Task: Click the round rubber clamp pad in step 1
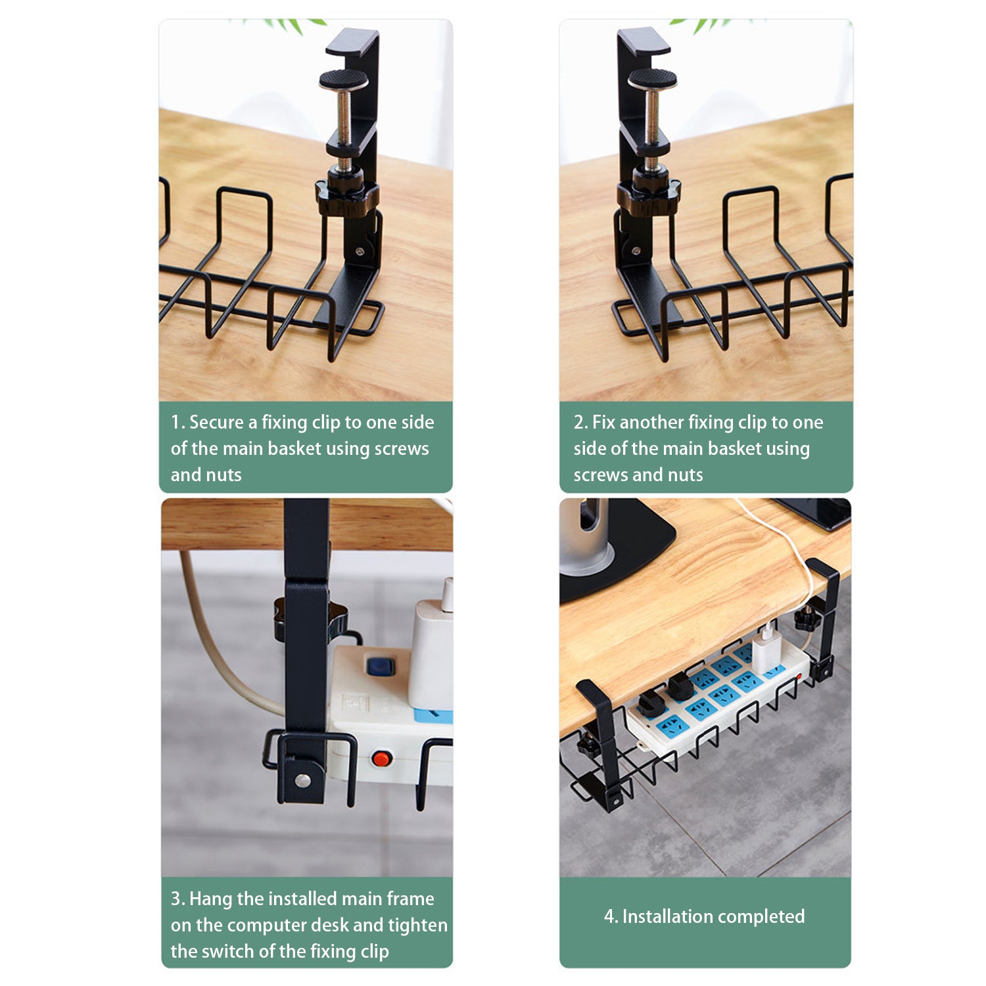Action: coord(344,80)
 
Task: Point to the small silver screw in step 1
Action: coord(360,250)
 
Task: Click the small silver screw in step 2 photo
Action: coord(636,250)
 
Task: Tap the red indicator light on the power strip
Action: coord(381,759)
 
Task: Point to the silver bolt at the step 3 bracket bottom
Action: coord(303,780)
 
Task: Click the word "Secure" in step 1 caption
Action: coord(216,422)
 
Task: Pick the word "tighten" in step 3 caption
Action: coord(418,926)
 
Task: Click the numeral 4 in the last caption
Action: coord(609,917)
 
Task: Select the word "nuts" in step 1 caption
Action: coord(224,475)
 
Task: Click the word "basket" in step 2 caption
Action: coord(730,448)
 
